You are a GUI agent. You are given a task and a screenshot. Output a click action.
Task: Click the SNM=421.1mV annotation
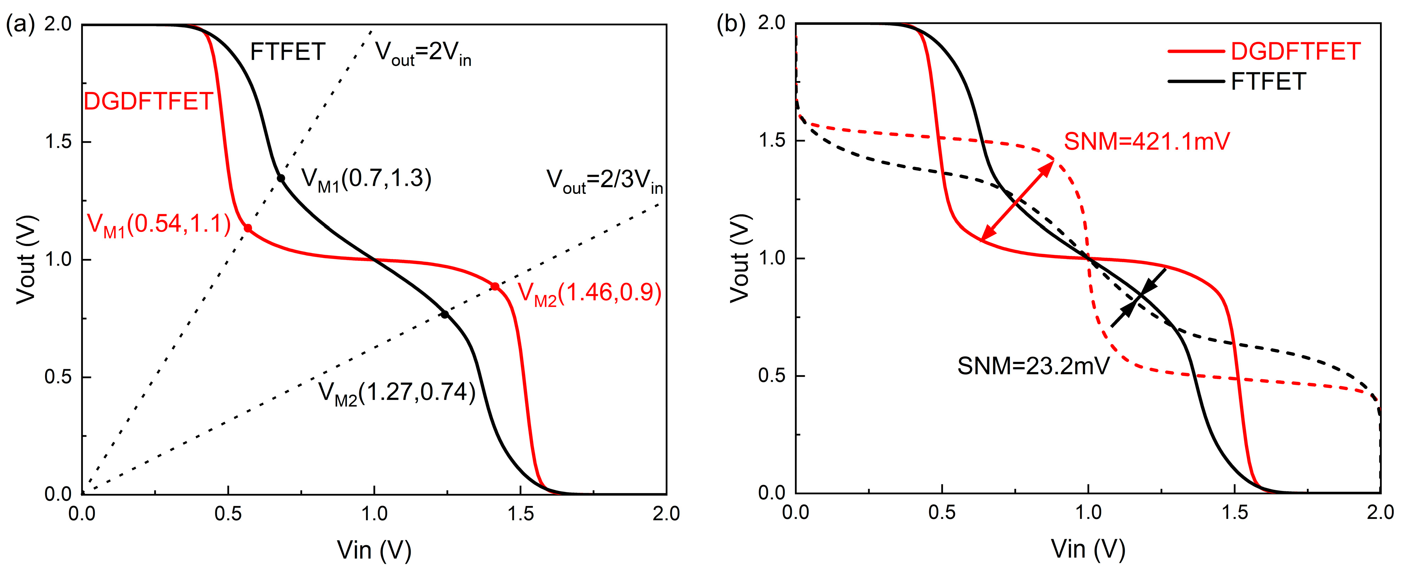1146,142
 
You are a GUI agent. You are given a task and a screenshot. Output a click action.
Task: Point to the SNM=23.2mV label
1033,366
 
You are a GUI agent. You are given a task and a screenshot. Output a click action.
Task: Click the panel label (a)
20,24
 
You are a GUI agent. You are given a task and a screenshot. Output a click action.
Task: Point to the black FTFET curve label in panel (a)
287,52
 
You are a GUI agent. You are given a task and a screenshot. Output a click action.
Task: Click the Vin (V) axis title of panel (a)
374,550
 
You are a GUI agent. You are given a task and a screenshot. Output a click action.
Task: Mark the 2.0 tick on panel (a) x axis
666,514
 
